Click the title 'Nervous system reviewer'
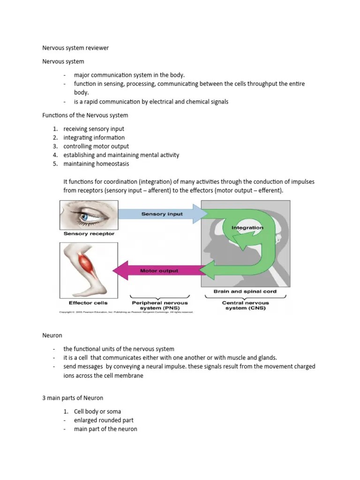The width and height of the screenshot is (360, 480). [75, 48]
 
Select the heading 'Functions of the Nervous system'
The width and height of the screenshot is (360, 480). [85, 115]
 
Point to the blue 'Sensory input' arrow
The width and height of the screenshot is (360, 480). [162, 214]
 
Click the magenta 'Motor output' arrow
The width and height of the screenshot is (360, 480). [159, 270]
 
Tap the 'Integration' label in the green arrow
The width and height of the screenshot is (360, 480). [247, 227]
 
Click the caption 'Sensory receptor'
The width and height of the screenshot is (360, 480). [89, 233]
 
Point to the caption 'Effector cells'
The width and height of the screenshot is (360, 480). [88, 302]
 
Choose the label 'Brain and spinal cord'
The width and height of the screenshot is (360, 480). [245, 292]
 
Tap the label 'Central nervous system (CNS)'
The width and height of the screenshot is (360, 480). [245, 305]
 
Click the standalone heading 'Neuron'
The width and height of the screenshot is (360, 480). [52, 336]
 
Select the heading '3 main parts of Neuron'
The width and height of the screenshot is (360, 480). [73, 398]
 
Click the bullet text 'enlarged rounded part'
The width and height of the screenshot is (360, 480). [104, 420]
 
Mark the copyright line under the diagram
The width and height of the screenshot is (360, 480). [126, 312]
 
